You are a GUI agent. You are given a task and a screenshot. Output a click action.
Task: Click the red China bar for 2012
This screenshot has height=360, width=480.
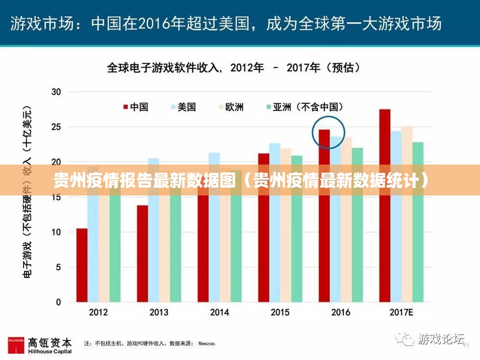pyautogui.click(x=82, y=265)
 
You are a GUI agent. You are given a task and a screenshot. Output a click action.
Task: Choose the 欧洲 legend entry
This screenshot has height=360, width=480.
pyautogui.click(x=230, y=107)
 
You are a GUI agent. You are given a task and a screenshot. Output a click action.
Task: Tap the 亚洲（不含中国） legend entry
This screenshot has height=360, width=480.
pyautogui.click(x=304, y=107)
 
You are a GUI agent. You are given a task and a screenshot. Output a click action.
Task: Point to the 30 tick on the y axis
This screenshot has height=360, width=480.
pyautogui.click(x=56, y=92)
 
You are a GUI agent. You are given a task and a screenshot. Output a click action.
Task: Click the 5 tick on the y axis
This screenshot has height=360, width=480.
pyautogui.click(x=58, y=267)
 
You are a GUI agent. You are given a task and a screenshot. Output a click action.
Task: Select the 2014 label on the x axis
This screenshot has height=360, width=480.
pyautogui.click(x=219, y=312)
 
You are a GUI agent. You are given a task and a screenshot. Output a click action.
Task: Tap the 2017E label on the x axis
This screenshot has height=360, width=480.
pyautogui.click(x=401, y=312)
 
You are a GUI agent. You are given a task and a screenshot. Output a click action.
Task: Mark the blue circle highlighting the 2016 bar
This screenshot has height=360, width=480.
pyautogui.click(x=329, y=132)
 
